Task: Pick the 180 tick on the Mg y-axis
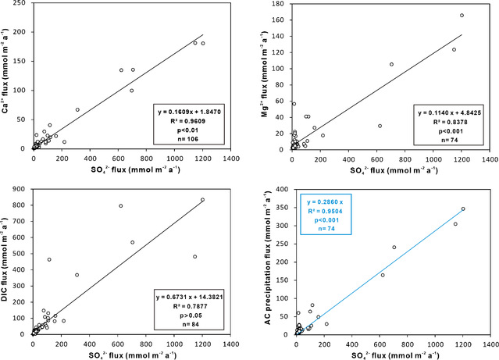tap(281, 5)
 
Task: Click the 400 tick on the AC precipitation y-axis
tap(281, 189)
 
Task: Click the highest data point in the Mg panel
tap(462, 16)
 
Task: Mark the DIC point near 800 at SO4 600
tap(121, 206)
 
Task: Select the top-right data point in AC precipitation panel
tap(463, 209)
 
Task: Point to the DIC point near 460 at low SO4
tap(48, 259)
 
